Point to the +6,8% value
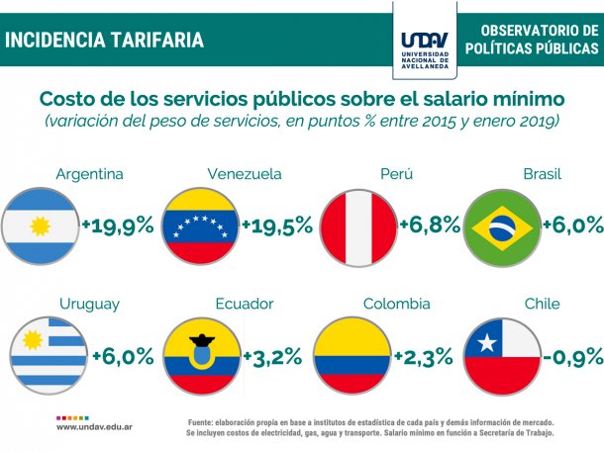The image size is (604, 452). (x=430, y=225)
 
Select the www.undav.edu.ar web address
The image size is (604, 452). (x=96, y=426)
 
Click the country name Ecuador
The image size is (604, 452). (x=244, y=304)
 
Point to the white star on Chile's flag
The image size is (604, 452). (x=486, y=343)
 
